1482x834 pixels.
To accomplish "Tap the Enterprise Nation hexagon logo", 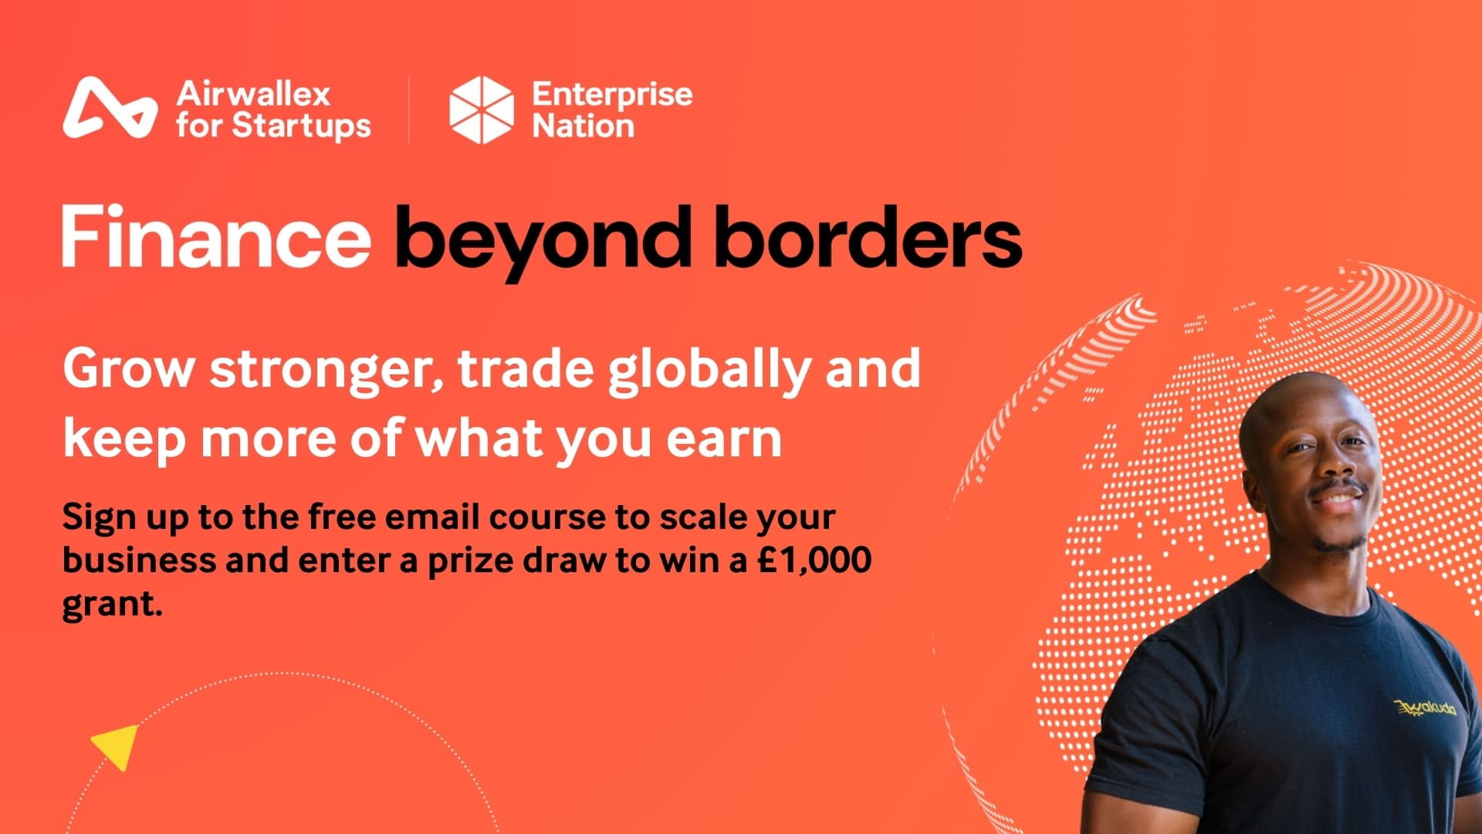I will click(481, 110).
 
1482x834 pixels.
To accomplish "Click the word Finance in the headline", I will click(216, 237).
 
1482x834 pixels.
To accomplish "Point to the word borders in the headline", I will click(868, 237).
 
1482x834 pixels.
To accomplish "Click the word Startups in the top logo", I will click(302, 126).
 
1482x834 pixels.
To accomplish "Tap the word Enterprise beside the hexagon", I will click(612, 94).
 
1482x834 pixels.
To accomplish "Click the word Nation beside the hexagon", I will click(583, 126).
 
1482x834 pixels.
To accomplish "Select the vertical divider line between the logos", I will click(409, 110).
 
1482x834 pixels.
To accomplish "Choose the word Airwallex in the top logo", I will click(253, 94).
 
